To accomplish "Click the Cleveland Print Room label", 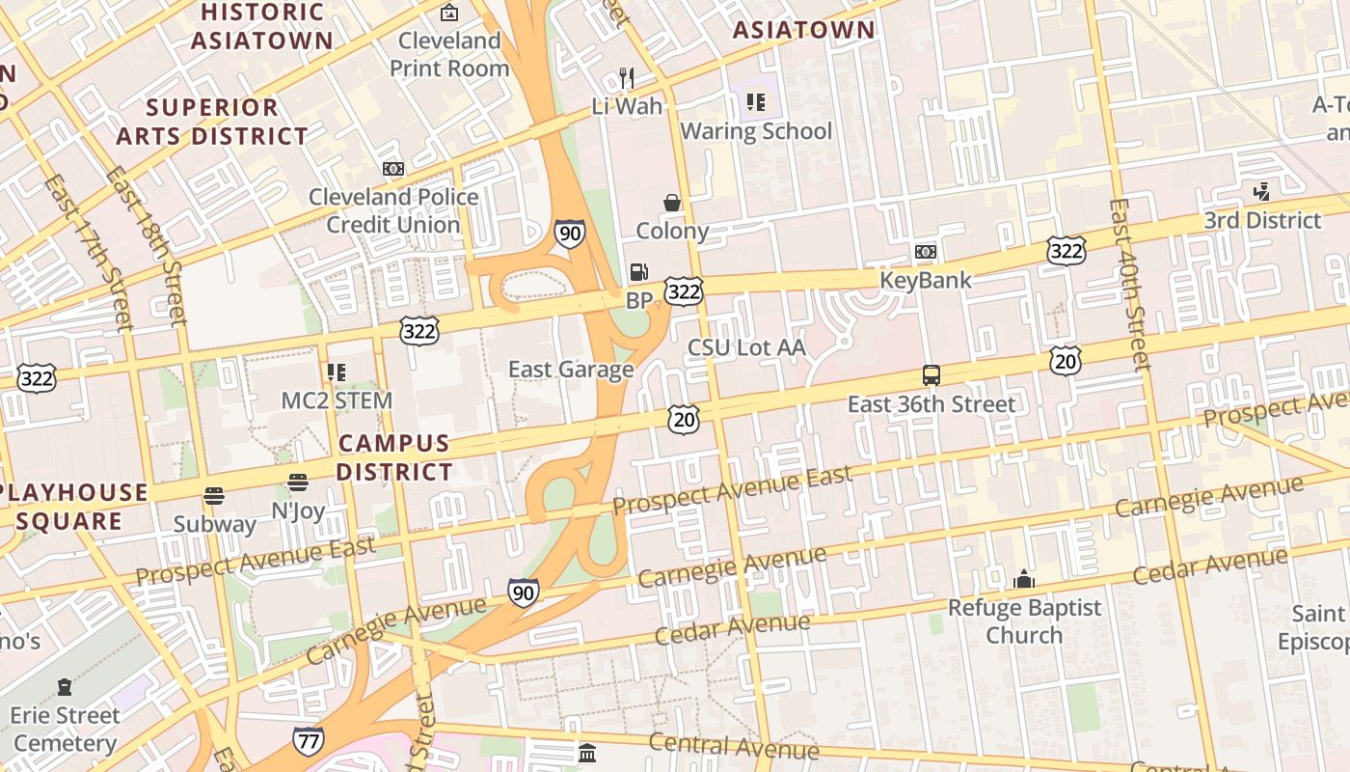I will (449, 55).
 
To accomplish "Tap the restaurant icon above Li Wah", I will (627, 77).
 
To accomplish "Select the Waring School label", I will (756, 131).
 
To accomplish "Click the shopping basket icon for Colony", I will (672, 203).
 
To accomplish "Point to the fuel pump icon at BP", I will (638, 272).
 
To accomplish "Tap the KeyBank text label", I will (925, 281).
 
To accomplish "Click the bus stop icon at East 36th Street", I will (931, 375).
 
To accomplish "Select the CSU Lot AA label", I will (745, 347).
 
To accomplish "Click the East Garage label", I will (571, 370).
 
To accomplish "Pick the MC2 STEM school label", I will (337, 400).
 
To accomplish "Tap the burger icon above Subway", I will (214, 496).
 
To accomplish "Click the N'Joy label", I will (298, 510).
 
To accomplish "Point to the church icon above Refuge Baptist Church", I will (1024, 579).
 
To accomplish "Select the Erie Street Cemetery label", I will (66, 730).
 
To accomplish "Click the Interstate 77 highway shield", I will (308, 741).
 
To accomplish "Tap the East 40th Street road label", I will (1129, 284).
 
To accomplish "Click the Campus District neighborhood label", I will (394, 457).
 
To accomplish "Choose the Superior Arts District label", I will (212, 122).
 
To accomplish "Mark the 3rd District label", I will (1261, 221).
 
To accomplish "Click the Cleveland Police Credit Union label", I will (393, 210).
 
